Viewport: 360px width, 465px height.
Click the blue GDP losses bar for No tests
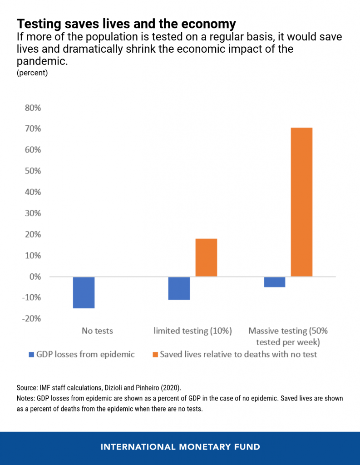click(x=84, y=293)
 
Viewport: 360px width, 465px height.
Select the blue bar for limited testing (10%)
click(x=179, y=288)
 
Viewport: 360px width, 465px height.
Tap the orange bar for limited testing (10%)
click(x=206, y=257)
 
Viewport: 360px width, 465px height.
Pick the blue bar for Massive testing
click(x=275, y=282)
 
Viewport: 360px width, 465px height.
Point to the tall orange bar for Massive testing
click(x=301, y=202)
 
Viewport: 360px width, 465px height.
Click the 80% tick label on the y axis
click(x=33, y=108)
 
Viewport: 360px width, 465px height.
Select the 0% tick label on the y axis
click(x=35, y=277)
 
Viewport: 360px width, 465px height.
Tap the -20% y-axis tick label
click(x=31, y=318)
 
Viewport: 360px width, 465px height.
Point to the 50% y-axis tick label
click(x=33, y=171)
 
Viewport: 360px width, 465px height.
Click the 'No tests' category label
click(x=97, y=331)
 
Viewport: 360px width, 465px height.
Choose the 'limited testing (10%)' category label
click(x=192, y=331)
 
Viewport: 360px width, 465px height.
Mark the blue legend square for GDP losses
click(x=31, y=354)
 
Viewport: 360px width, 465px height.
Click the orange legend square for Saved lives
click(x=155, y=354)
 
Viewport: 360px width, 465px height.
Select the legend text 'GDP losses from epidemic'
click(x=85, y=354)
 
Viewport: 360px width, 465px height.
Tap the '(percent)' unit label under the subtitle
click(x=32, y=73)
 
